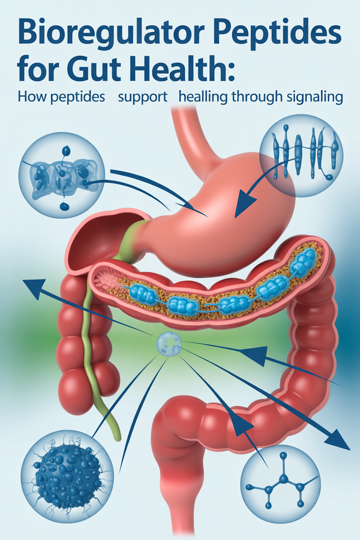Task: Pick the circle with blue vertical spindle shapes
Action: (303, 157)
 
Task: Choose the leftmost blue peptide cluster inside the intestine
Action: (142, 293)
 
